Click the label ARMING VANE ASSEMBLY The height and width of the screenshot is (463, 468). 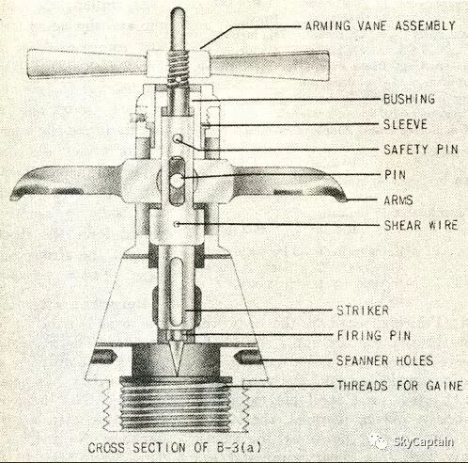coord(380,25)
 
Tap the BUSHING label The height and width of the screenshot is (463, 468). coord(409,99)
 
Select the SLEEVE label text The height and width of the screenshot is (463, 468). coord(405,124)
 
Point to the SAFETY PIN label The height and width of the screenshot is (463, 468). coord(421,150)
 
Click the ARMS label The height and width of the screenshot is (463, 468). coord(398,200)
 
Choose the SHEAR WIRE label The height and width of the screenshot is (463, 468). coord(421,225)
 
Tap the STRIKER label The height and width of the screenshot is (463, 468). coord(363,311)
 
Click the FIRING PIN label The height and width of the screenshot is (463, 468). coord(374,336)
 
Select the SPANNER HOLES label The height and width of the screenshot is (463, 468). coord(385,360)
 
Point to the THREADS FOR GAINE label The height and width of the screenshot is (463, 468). coord(399,386)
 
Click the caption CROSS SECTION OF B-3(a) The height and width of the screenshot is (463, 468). coord(175,447)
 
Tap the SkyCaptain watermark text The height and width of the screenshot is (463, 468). coord(424,442)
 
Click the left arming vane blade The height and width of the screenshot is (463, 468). coord(87,64)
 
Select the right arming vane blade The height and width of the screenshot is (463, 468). coord(270,66)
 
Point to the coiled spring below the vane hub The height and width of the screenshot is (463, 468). coord(178,69)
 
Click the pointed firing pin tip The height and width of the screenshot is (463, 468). coord(178,374)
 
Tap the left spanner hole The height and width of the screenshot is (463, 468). coord(104,357)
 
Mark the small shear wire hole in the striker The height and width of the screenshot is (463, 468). coord(177,224)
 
